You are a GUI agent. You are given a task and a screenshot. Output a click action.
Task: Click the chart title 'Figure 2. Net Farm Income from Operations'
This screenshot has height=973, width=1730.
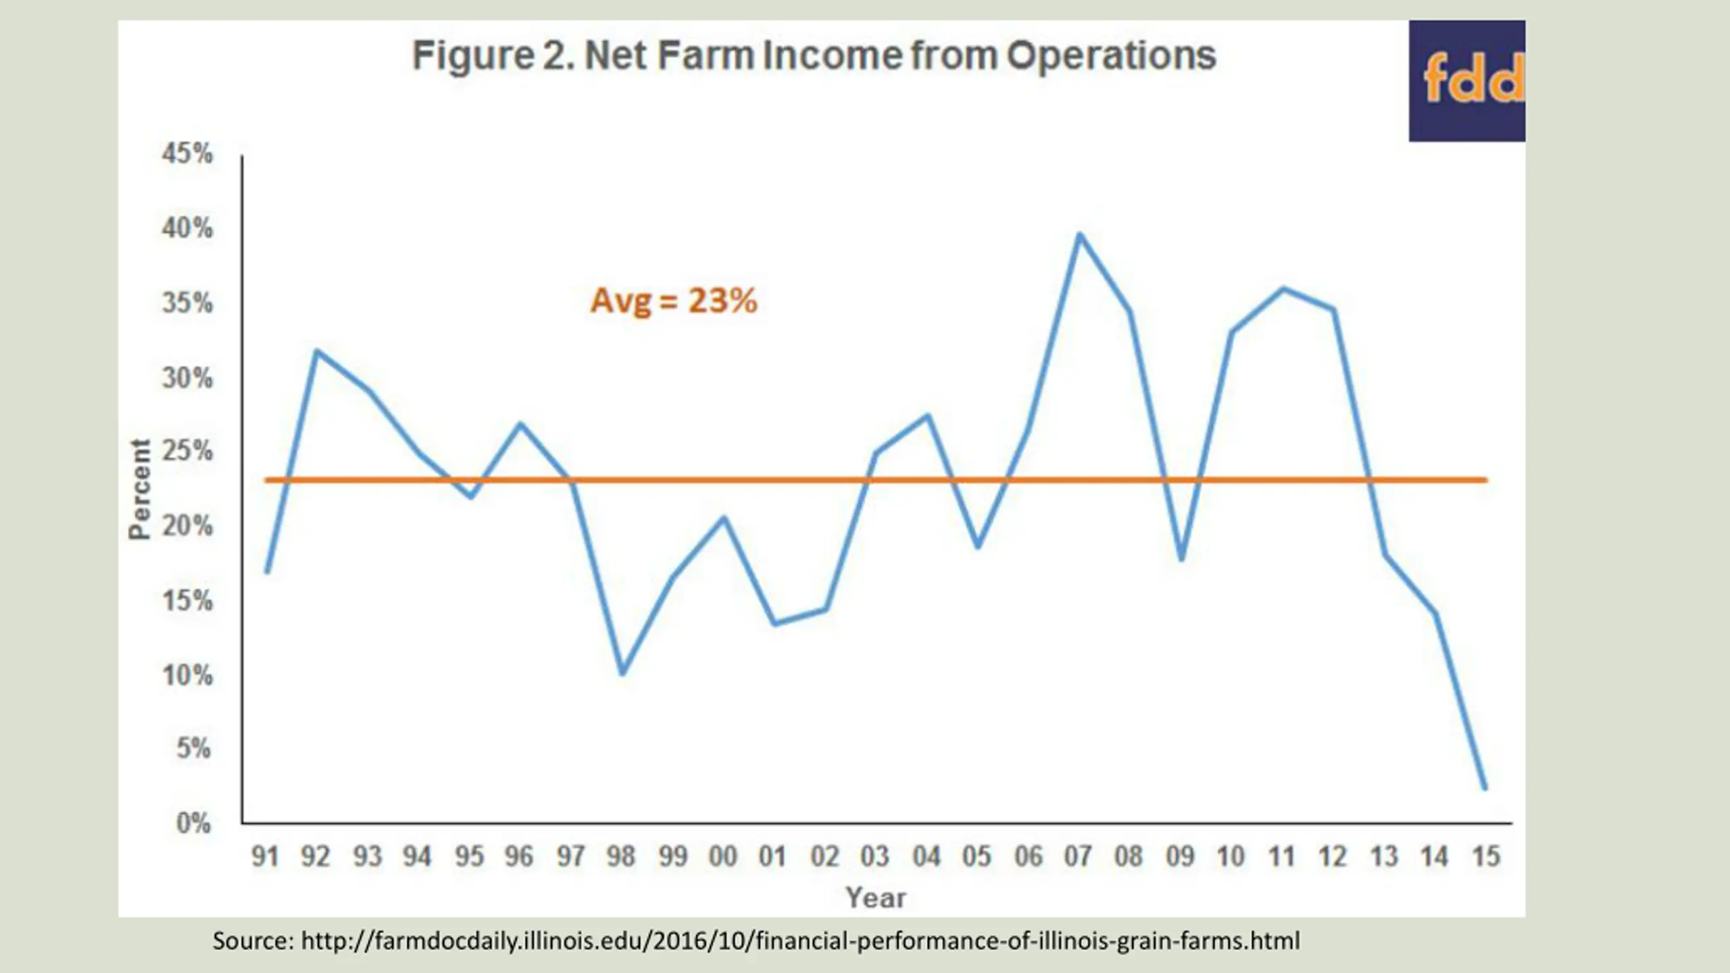coord(814,55)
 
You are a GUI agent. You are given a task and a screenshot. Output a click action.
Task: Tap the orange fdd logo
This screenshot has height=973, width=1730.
coord(1472,80)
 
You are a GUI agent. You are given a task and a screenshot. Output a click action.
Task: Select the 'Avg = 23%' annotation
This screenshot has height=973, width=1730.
coord(674,301)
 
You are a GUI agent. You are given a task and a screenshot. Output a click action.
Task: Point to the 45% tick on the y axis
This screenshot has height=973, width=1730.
coord(187,154)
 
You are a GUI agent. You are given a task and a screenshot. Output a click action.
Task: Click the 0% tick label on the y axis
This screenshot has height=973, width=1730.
coord(193,823)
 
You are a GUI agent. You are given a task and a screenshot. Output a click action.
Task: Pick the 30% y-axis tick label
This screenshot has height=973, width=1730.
coord(187,378)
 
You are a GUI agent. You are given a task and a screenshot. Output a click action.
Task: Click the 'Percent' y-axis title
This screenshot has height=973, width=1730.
coord(139,489)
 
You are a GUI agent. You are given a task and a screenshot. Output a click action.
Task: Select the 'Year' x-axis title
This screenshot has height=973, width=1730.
coord(876,898)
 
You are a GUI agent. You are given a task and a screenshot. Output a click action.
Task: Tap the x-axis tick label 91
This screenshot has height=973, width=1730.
coord(265,857)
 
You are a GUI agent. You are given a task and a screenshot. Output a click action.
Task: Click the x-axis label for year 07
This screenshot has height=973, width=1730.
coord(1078,857)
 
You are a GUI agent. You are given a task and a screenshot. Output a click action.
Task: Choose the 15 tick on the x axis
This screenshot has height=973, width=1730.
coord(1485,857)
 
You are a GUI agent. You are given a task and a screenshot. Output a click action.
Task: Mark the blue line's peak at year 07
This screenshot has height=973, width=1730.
coord(1079,234)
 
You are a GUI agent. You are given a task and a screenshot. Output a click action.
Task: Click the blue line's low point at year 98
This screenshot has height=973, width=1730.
coord(622,672)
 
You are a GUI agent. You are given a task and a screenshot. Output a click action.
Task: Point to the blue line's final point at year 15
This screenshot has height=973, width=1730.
coord(1485,788)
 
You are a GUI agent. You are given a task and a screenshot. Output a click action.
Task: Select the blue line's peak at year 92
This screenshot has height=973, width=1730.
coord(317,351)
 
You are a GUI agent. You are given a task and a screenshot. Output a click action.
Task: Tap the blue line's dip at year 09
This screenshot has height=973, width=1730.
coord(1181,559)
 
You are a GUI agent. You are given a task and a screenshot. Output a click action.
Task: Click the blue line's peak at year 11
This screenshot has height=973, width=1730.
coord(1283,289)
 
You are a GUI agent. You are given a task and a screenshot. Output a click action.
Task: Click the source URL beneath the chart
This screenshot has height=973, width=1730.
coord(756,941)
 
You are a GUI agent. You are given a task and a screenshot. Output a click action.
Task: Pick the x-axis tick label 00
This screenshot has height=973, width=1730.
coord(722,857)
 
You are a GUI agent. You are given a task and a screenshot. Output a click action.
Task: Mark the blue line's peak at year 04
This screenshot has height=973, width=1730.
coord(928,415)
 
